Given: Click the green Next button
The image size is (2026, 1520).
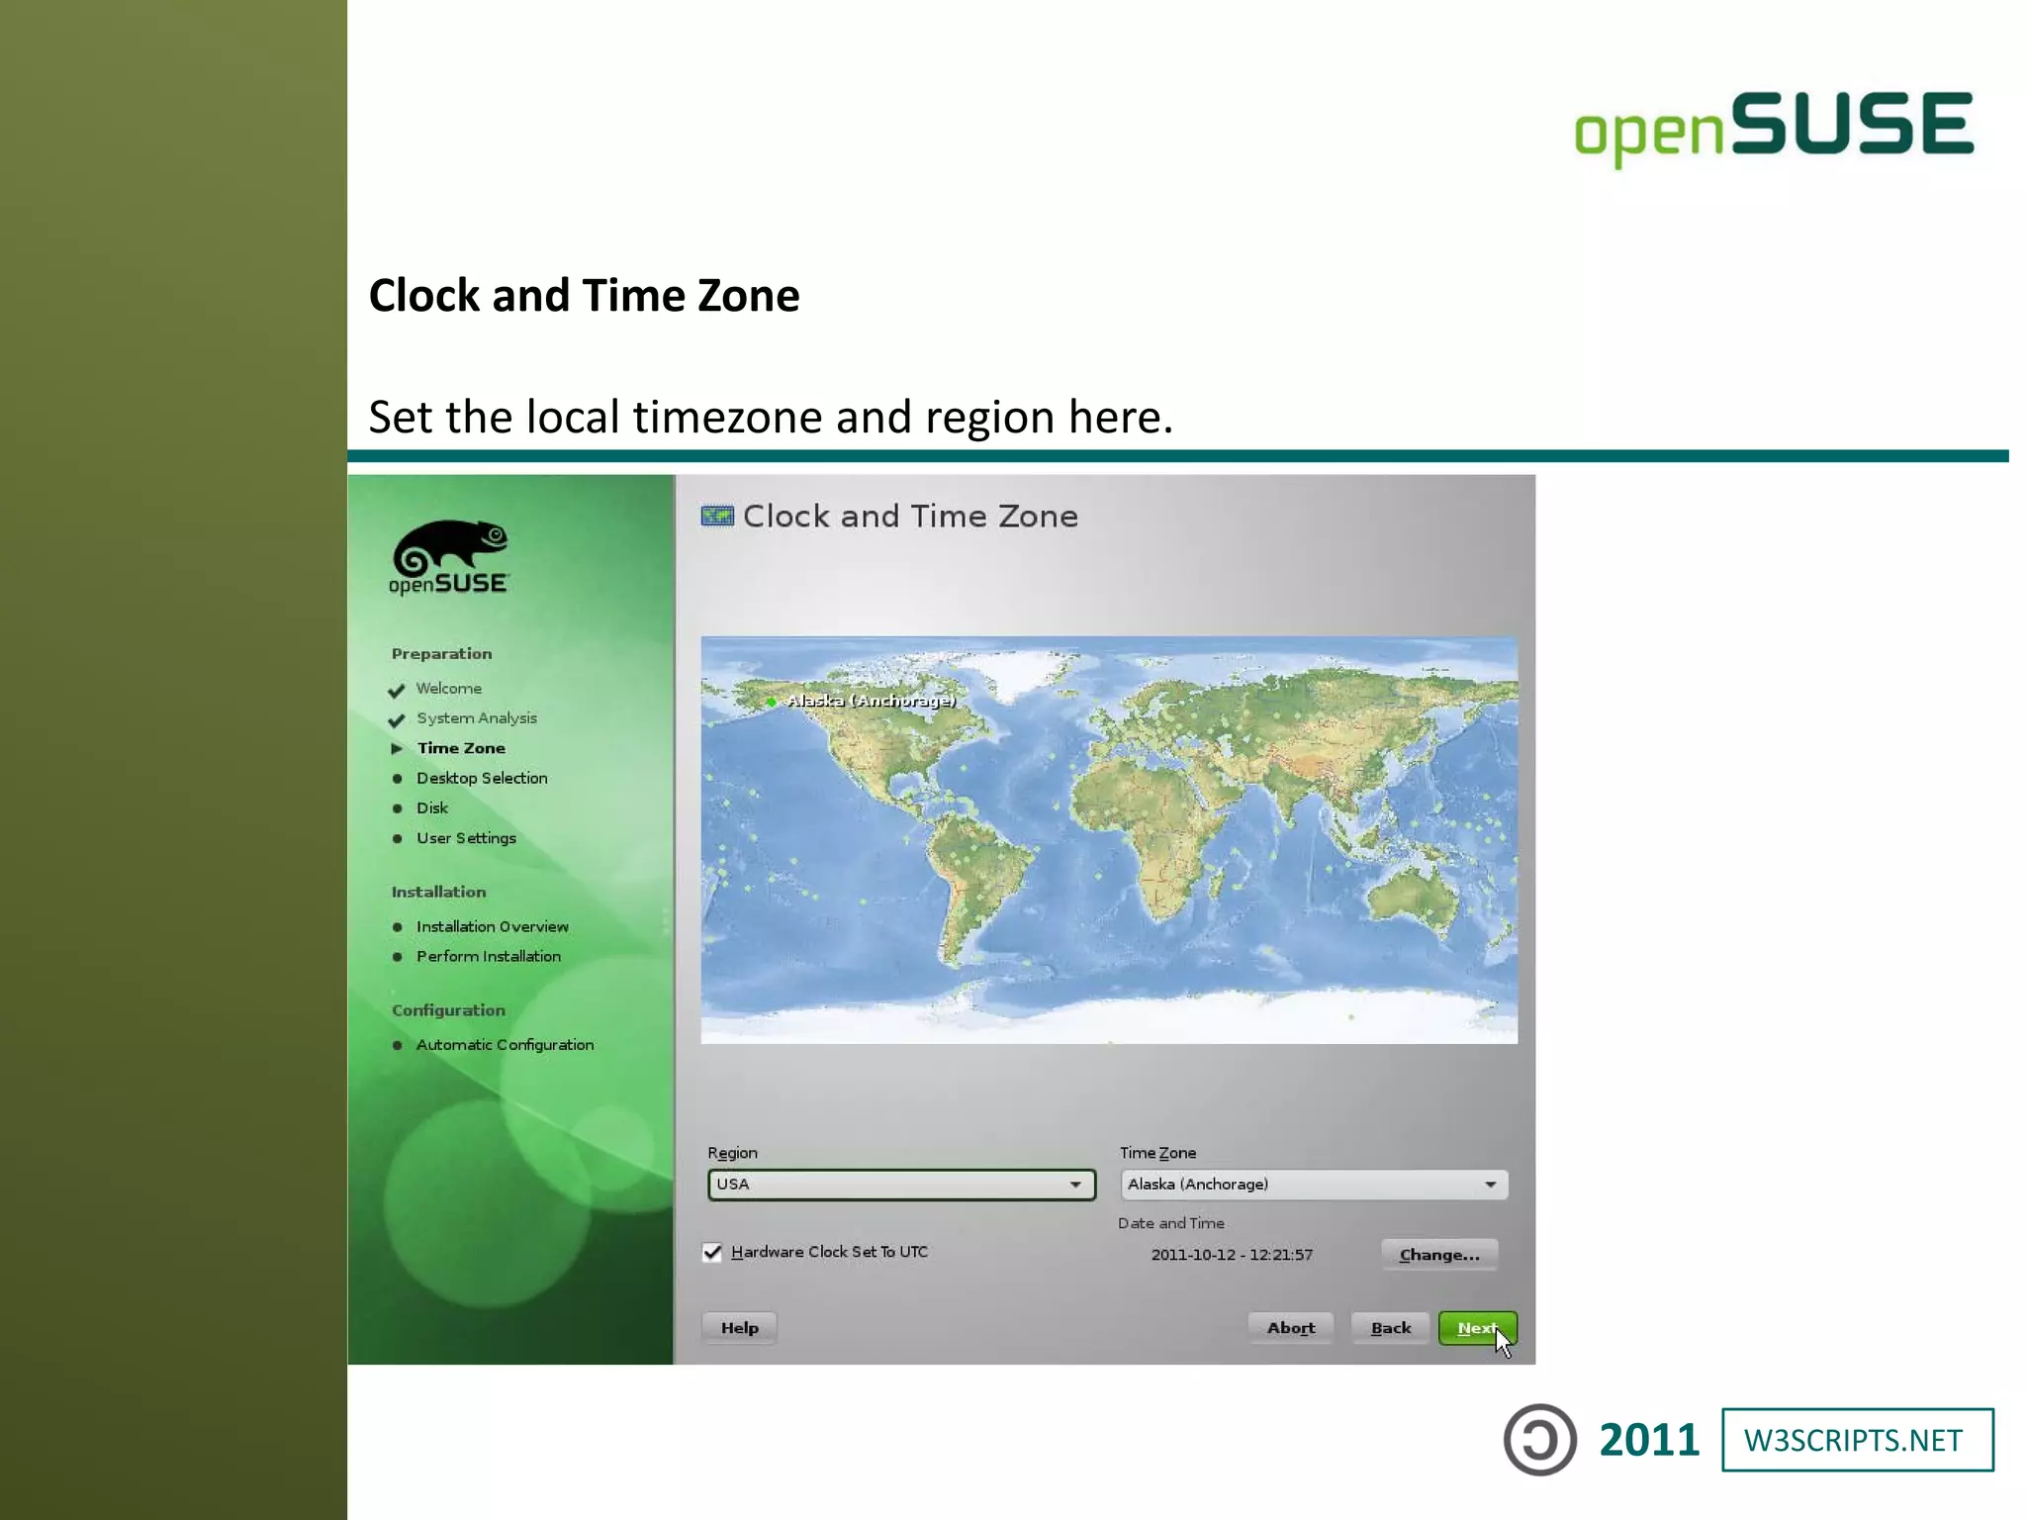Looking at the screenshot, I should (x=1476, y=1328).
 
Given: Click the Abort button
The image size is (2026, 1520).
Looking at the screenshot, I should (x=1290, y=1328).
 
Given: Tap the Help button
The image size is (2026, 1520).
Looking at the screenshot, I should (x=739, y=1328).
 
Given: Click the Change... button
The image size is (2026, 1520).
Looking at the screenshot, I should (x=1438, y=1255).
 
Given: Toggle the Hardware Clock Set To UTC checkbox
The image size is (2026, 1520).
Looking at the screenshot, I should (x=712, y=1253).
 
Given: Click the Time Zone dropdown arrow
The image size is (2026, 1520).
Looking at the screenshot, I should (x=1490, y=1185).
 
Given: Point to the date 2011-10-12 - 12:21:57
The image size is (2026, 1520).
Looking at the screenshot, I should (x=1231, y=1255).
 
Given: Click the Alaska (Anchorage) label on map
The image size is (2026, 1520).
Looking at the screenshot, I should (x=871, y=701).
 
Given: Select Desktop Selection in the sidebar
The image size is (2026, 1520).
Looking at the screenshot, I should (x=482, y=779).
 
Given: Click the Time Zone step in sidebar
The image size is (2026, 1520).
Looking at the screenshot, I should (x=461, y=748).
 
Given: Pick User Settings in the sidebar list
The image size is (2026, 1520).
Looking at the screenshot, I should (x=466, y=838).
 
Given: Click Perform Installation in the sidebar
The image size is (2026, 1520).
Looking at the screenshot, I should (x=488, y=957).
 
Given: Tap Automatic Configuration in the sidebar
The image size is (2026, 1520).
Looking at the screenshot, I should (x=505, y=1045).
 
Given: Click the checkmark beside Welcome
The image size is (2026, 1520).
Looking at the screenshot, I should (x=397, y=690).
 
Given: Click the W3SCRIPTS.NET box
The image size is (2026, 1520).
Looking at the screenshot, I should (x=1857, y=1440).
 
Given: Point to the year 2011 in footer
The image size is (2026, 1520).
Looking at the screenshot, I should (x=1649, y=1440).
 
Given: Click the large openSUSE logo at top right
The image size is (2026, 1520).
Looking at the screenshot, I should (x=1774, y=127).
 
